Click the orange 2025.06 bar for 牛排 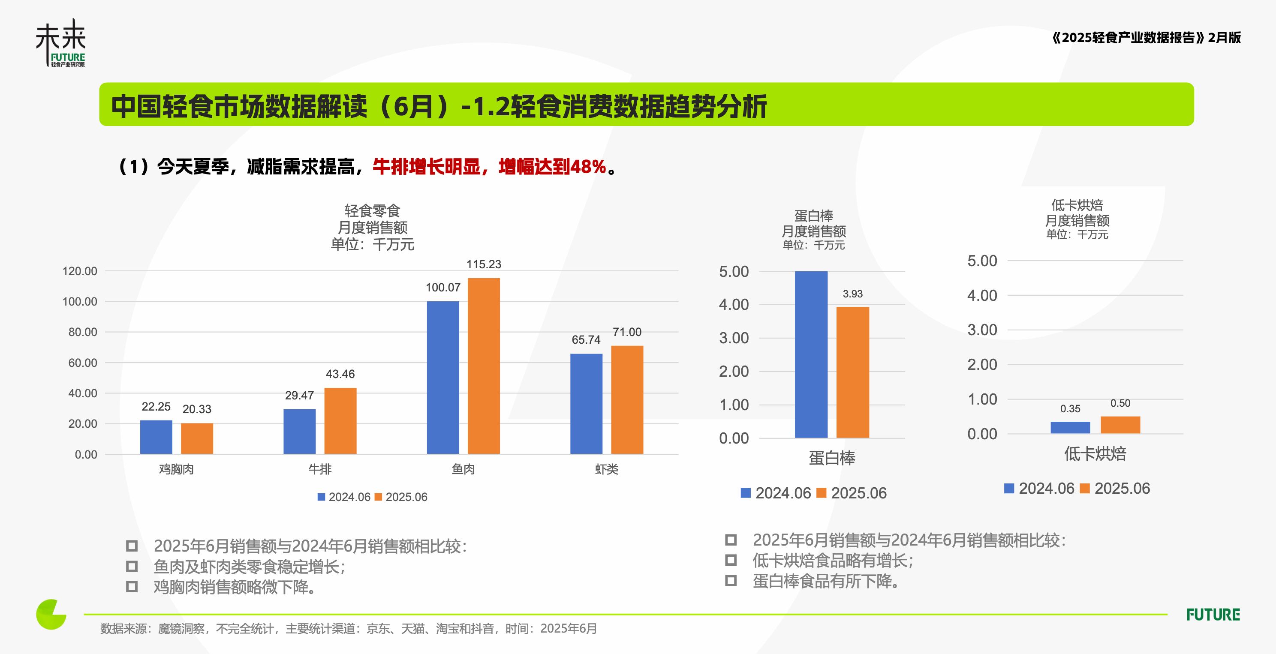[x=340, y=421]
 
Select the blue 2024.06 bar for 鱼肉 [x=443, y=377]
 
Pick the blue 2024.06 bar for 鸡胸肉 [x=156, y=437]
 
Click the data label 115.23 [x=484, y=264]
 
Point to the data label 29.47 [x=299, y=396]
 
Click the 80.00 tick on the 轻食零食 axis [x=83, y=332]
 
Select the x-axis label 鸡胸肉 [x=176, y=469]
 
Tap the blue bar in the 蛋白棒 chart [x=811, y=354]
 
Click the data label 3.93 [x=852, y=294]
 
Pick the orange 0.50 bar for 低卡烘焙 [x=1120, y=425]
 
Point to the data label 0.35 [x=1070, y=409]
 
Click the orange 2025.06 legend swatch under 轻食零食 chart [x=379, y=497]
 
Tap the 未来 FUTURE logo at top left [x=61, y=44]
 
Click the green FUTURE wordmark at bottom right [x=1213, y=615]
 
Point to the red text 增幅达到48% [x=552, y=167]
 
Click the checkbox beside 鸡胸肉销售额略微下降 [x=132, y=587]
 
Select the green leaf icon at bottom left [x=51, y=615]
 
